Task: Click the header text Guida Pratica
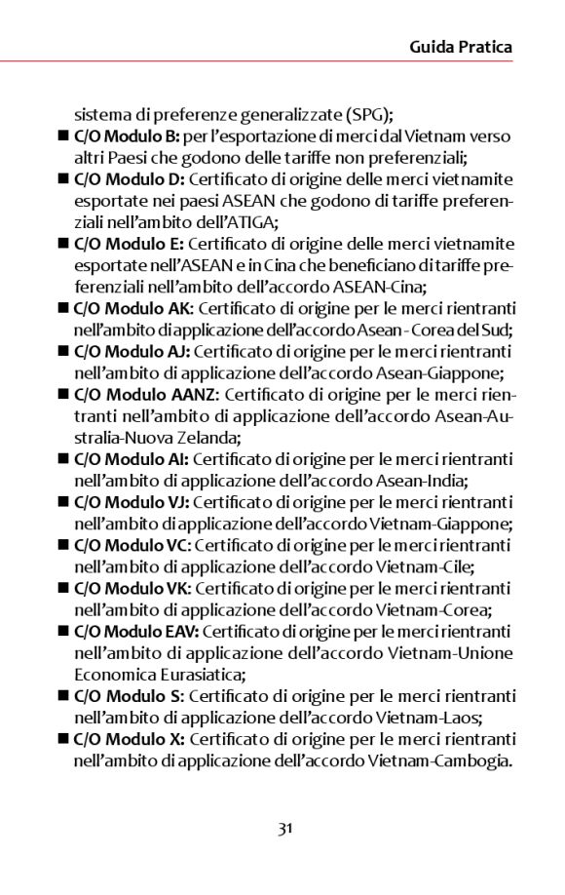coord(461,47)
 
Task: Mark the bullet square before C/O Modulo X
coord(63,739)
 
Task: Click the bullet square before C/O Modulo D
coord(63,179)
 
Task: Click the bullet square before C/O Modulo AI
coord(63,459)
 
